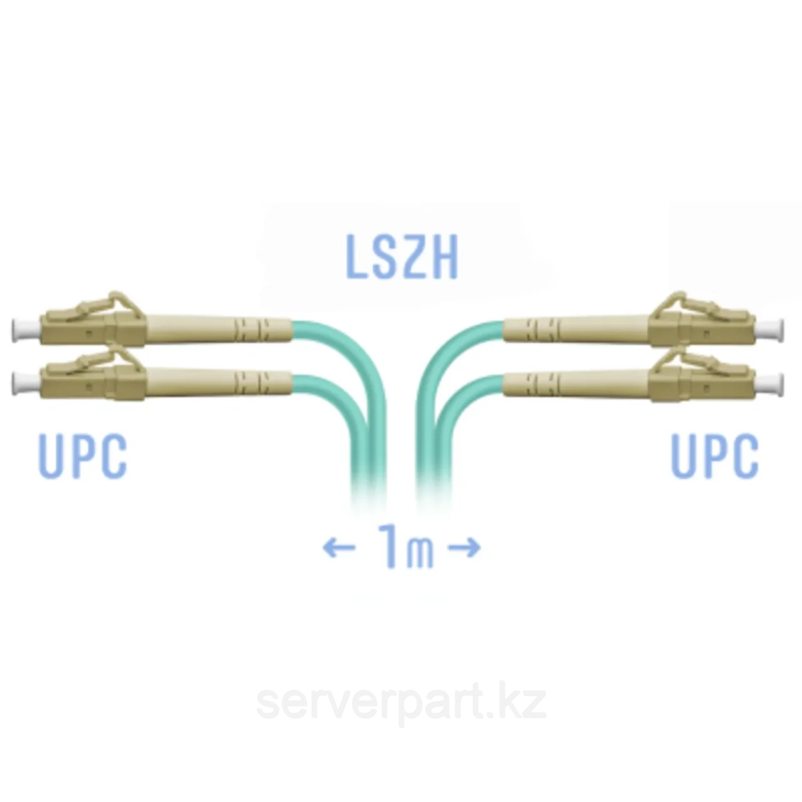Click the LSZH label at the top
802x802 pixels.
coord(402,256)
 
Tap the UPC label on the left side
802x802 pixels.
coord(83,456)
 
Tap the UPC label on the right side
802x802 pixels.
coord(715,456)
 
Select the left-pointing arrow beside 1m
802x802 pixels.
coord(339,547)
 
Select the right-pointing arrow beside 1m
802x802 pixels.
coord(464,547)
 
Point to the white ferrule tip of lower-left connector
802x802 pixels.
coord(26,383)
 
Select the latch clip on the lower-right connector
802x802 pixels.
coord(693,361)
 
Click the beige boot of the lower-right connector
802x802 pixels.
coord(576,383)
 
